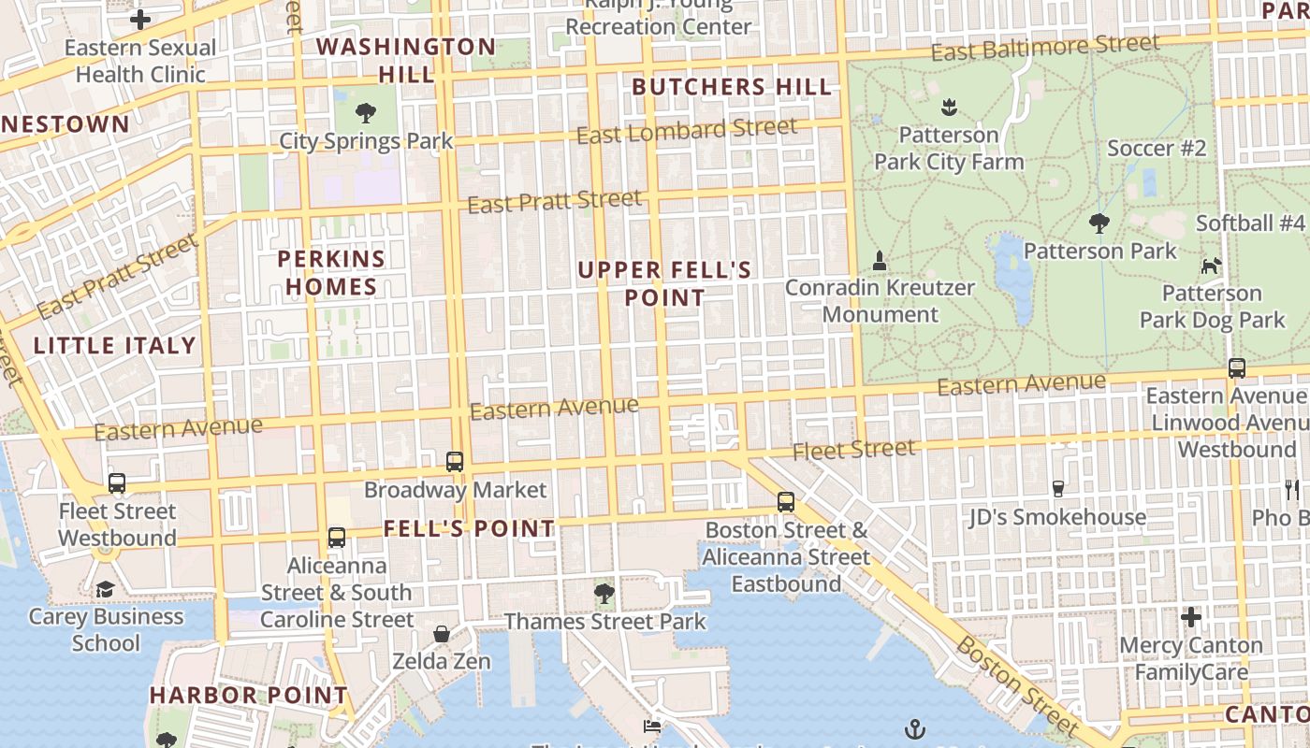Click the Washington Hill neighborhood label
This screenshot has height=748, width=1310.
coord(406,60)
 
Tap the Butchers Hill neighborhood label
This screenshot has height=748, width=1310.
coord(732,88)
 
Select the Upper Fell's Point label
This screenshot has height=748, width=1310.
coord(664,284)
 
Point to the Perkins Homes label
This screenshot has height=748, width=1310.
coord(331,273)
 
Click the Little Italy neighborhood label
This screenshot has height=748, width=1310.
coord(115,346)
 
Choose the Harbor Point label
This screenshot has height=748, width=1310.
coord(249,696)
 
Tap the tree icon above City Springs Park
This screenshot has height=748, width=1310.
coord(366,114)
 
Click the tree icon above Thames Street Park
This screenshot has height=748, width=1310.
coord(604,593)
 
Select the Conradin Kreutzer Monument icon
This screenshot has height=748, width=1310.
coord(879,261)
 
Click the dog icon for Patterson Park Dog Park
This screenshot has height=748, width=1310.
coord(1211,266)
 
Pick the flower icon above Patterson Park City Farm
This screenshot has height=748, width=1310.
coord(949,108)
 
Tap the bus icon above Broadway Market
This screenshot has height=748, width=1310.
coord(455,461)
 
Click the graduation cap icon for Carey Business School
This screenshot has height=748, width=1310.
coord(105,589)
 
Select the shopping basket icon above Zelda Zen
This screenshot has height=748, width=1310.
coord(442,634)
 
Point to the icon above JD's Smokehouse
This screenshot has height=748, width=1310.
coord(1058,488)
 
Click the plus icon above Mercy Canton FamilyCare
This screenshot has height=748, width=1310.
coord(1190,617)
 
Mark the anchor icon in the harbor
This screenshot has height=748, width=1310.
coord(914,728)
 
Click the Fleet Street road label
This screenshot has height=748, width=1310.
coord(853,451)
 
